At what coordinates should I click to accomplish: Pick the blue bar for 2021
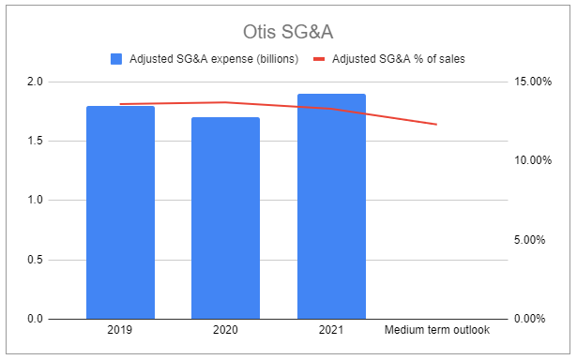click(x=331, y=206)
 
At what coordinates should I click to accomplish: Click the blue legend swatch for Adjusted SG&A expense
click(x=116, y=59)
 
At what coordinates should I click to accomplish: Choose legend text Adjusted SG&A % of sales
click(x=398, y=59)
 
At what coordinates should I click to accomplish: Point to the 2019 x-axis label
click(x=120, y=331)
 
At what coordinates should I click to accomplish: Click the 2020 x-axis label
click(x=226, y=331)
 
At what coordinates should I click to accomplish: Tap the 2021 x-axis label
click(x=331, y=331)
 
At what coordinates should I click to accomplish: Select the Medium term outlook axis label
click(x=437, y=331)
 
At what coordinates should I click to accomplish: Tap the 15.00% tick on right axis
click(x=529, y=82)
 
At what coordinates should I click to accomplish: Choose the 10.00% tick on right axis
click(x=529, y=160)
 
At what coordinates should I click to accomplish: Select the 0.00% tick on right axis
click(x=532, y=319)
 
